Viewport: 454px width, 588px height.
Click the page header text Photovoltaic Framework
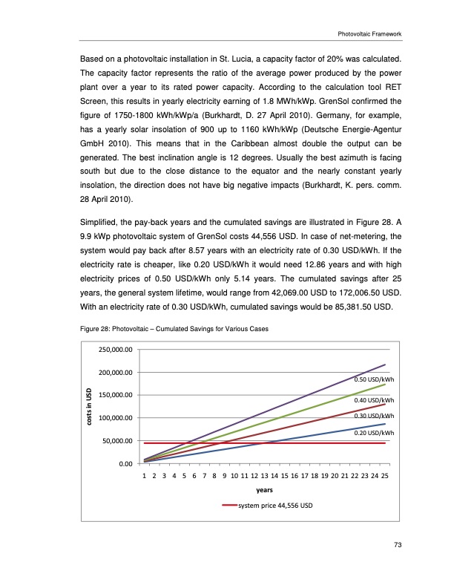(x=369, y=33)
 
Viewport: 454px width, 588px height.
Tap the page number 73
(x=398, y=546)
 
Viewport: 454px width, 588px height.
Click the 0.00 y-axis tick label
(x=123, y=464)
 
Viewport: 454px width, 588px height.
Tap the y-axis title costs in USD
(x=89, y=406)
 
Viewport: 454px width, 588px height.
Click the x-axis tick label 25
(x=384, y=477)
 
